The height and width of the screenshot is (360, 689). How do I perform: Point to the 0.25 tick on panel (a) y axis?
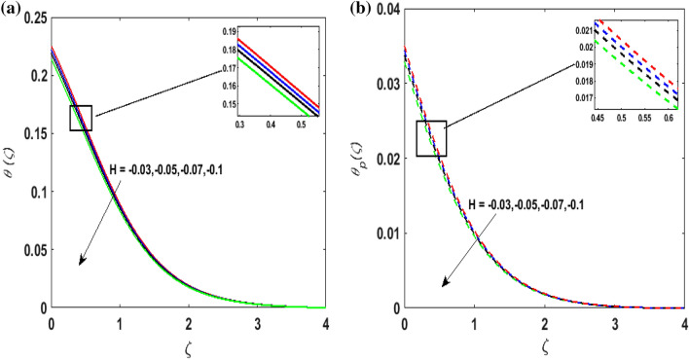point(33,19)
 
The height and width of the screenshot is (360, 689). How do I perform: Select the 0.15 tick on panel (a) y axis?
point(33,134)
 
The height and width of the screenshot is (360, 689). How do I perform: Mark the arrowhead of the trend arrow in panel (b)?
point(443,285)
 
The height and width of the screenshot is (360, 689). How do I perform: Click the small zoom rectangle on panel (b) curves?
point(431,138)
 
